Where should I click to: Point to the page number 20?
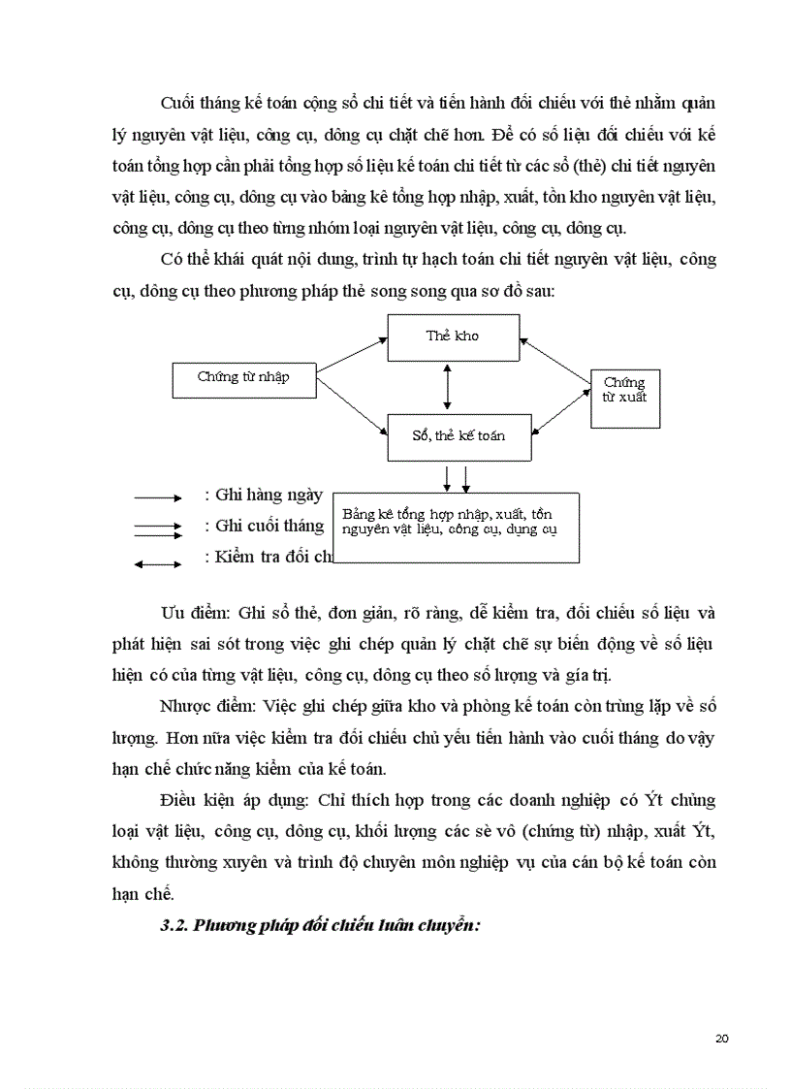coord(721,1039)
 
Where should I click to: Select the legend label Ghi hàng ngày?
coord(263,495)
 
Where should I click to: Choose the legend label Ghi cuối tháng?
coord(264,526)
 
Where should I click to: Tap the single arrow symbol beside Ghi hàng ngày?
coord(157,497)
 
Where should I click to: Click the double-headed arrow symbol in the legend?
coord(157,563)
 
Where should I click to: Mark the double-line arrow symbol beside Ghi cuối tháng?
coord(157,529)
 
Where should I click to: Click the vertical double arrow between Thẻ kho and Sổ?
coord(447,388)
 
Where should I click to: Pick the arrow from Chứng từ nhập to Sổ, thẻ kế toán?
coord(352,406)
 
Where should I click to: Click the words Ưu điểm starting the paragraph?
coord(193,615)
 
